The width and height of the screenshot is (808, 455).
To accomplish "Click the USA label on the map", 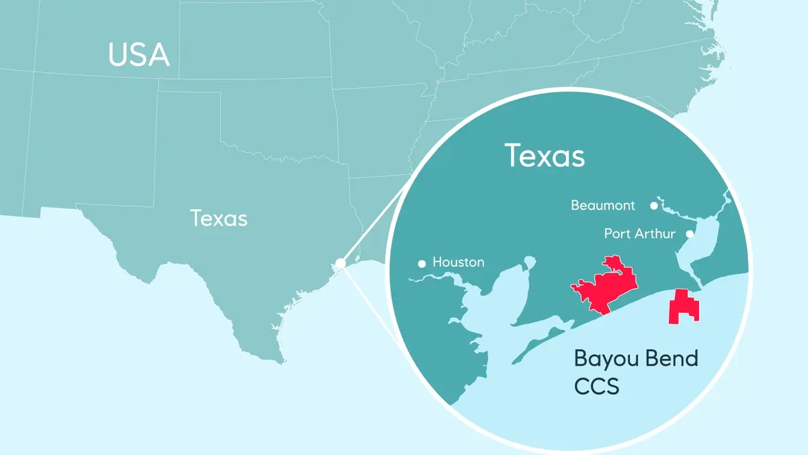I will pos(139,55).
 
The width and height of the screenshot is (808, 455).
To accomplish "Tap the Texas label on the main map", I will pos(218,219).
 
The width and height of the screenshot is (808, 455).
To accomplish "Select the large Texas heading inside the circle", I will pos(544,155).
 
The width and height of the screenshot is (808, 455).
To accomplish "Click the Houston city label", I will pos(458,262).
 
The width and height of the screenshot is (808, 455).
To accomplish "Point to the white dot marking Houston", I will pos(422,263).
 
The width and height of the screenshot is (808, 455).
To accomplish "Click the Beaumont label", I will pos(603,206).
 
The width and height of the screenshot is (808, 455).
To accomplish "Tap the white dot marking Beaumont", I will pos(654,206).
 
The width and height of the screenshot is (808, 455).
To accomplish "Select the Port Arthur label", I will pos(640,234).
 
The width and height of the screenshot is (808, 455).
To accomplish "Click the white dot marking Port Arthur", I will pos(690,234).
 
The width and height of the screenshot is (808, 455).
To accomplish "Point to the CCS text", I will pos(597,386).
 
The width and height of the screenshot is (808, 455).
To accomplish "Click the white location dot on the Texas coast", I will pos(341,263).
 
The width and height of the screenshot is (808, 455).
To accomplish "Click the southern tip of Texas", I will pos(280,359).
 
